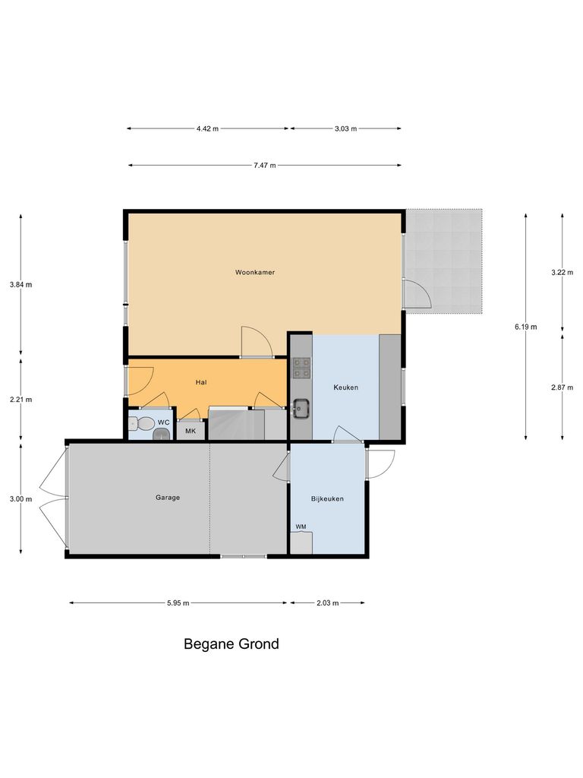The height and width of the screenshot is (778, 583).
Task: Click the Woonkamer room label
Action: pos(254,271)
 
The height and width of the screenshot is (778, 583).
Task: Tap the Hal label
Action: pos(201,382)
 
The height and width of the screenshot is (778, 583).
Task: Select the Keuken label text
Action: pos(345,387)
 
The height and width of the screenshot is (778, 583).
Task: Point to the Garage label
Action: pos(168,498)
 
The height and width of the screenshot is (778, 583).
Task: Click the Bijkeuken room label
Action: pos(327,499)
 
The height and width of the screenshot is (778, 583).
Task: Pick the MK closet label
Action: pos(190,432)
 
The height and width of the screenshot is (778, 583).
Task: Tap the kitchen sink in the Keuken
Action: pos(301,409)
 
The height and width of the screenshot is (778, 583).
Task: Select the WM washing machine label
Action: pos(301,527)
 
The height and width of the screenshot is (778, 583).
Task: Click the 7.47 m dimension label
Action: pos(264,165)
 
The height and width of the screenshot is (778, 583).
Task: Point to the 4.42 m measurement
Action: pos(207,128)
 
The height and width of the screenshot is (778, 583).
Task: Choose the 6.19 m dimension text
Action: pos(525,327)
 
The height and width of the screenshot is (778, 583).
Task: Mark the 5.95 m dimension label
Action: pos(178,602)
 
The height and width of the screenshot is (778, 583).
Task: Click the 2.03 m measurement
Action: pos(327,602)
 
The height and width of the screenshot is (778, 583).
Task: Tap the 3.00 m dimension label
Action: pos(20,499)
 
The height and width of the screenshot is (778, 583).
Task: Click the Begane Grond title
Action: pos(232,644)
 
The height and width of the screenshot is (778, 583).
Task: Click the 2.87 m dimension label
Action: pos(562,387)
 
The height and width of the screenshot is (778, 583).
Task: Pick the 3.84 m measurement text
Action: pos(20,285)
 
